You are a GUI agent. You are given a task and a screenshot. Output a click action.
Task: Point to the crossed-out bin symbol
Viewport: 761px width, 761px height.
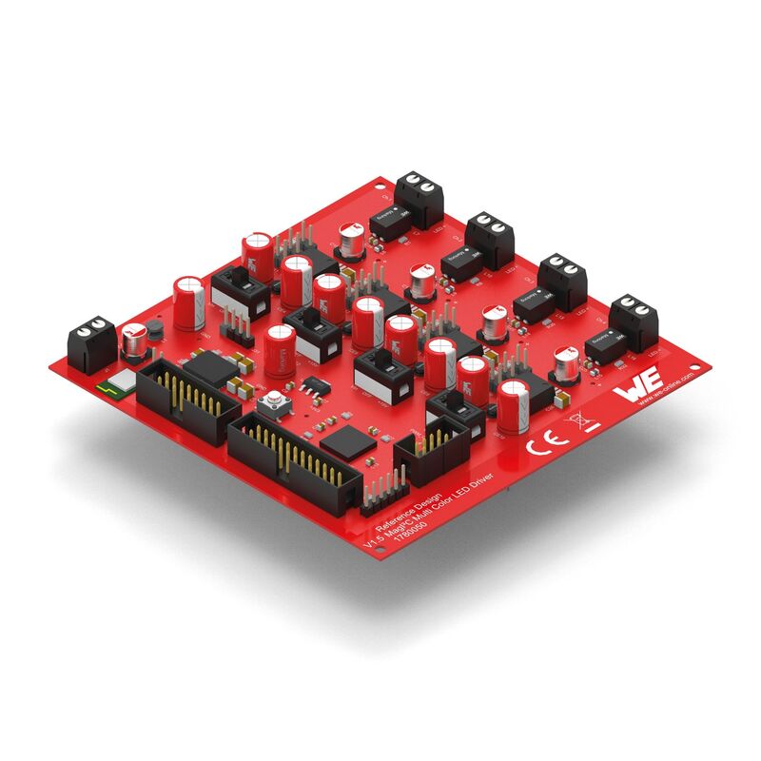point(576,422)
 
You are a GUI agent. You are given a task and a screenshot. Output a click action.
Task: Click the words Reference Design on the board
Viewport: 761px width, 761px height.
point(401,517)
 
